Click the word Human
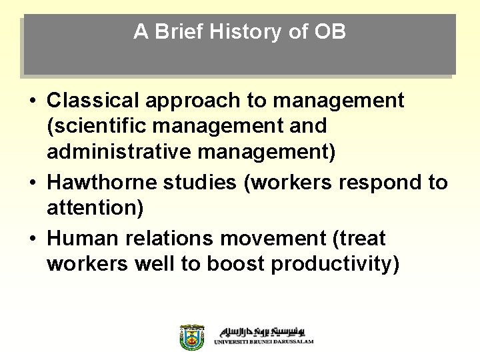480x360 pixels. point(82,237)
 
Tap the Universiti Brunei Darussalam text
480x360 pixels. point(263,341)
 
